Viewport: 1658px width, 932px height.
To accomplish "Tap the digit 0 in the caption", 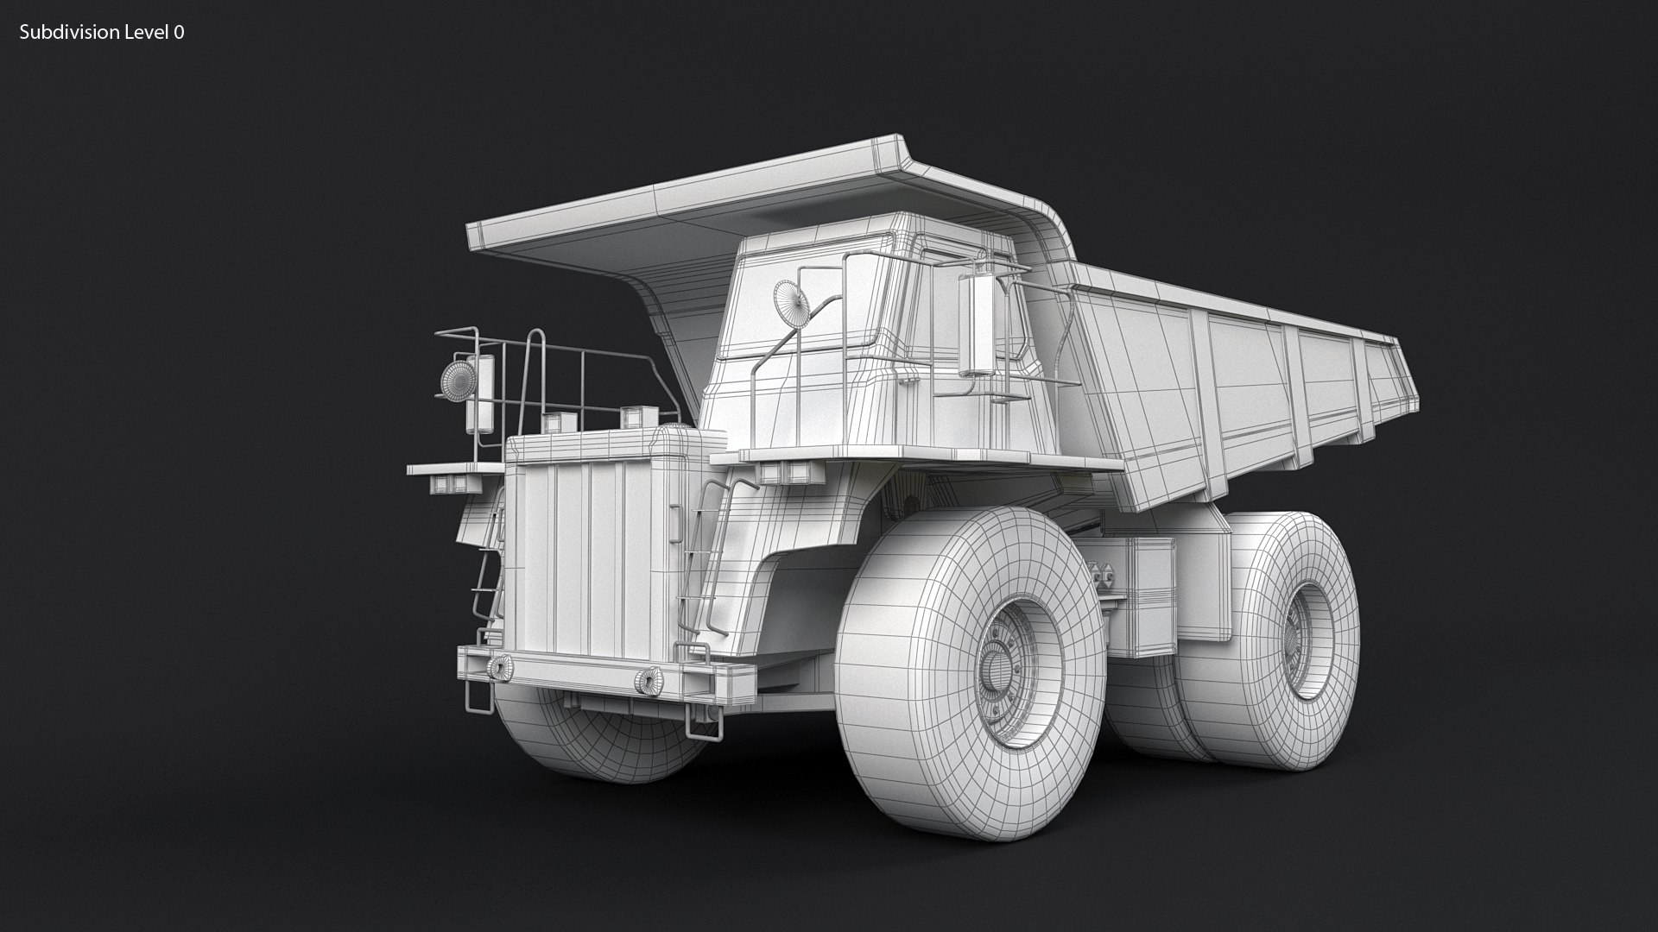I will tap(179, 33).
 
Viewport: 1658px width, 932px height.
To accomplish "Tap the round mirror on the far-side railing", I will tap(458, 381).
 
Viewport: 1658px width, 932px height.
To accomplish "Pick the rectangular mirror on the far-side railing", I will tap(480, 394).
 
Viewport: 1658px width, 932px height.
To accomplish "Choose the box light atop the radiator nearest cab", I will tap(637, 418).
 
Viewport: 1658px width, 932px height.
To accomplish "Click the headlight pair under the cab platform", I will tap(786, 472).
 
